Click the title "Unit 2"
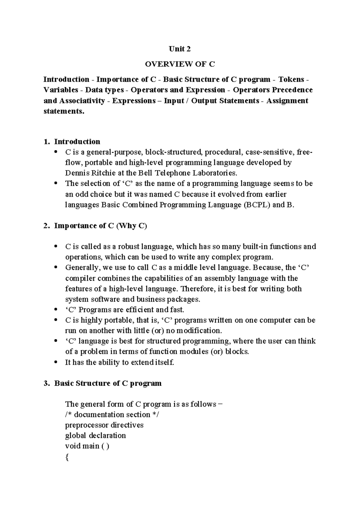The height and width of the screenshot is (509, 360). coord(180,49)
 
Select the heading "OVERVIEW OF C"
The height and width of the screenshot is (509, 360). coord(180,64)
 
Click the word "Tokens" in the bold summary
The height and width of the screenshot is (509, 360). coord(291,80)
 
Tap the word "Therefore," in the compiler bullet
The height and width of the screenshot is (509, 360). coord(198,289)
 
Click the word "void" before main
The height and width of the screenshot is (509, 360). coord(73,446)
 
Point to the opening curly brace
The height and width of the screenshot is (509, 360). coord(67,457)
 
